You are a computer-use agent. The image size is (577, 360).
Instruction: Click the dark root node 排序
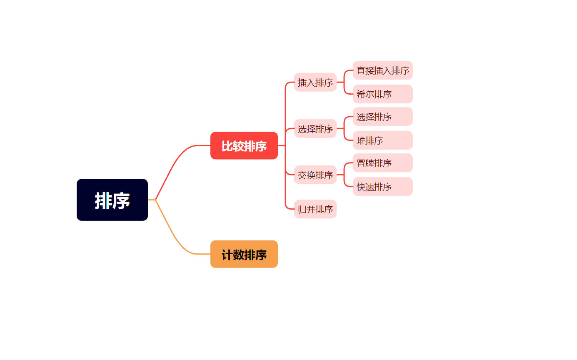(x=112, y=200)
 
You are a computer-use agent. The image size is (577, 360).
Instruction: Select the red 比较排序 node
(x=244, y=146)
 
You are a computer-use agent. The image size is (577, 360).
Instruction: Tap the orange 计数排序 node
(x=244, y=254)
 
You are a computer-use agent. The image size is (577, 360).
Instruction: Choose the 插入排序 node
(x=315, y=82)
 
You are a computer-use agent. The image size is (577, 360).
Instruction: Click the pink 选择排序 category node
(x=315, y=129)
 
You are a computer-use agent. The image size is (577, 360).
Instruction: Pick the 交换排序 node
(x=315, y=175)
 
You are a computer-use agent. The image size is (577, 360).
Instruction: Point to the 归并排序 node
(x=315, y=209)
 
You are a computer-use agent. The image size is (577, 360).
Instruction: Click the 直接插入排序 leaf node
(x=382, y=70)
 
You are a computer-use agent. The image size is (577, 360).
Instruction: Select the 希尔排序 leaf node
(x=382, y=94)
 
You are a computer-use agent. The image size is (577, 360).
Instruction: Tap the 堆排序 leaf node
(x=382, y=140)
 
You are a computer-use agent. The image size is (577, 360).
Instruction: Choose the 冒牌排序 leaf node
(x=382, y=163)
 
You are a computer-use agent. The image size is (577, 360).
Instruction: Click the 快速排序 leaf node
(x=382, y=187)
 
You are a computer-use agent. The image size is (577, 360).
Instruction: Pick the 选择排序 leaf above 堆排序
(x=382, y=117)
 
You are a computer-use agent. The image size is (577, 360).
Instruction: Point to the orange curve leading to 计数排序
(x=175, y=240)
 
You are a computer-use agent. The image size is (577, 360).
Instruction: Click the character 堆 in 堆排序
(x=361, y=141)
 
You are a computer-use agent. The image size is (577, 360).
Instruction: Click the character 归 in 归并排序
(x=302, y=210)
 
